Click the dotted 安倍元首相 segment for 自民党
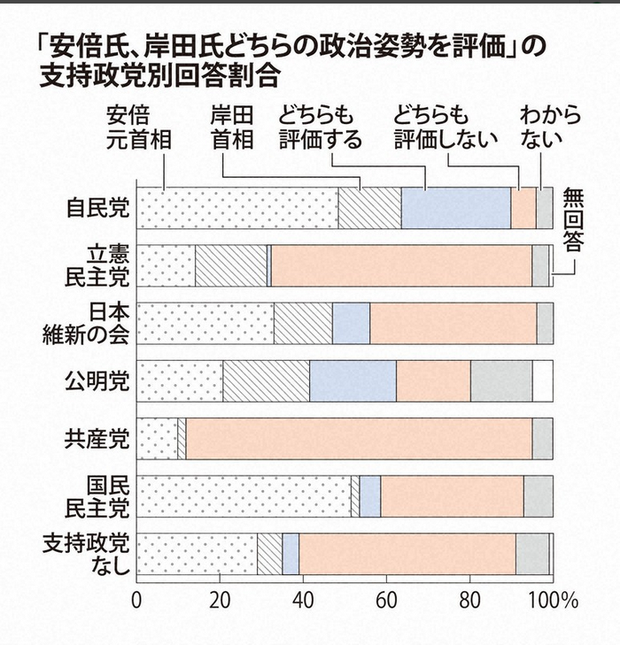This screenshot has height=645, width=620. click(x=237, y=208)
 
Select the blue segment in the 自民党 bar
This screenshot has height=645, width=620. click(x=456, y=208)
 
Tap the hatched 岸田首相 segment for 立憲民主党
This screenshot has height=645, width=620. click(x=231, y=265)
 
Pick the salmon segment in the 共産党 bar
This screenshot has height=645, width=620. click(x=359, y=439)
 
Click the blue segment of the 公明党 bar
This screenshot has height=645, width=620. click(x=353, y=381)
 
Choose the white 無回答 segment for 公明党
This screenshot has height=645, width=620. click(x=543, y=381)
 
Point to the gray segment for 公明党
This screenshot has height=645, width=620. click(x=501, y=381)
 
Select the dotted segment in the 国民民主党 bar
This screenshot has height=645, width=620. click(x=244, y=496)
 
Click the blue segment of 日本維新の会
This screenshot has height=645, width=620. click(x=351, y=323)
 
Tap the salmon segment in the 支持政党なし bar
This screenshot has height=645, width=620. click(x=407, y=554)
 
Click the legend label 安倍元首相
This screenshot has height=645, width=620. click(x=139, y=127)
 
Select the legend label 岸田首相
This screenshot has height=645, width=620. click(x=232, y=127)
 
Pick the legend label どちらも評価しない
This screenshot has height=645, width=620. click(x=446, y=127)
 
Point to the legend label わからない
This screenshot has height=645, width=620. click(x=550, y=127)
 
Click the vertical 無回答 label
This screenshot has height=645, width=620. click(x=573, y=219)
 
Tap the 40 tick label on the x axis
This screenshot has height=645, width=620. click(x=304, y=601)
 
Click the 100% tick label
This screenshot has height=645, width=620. click(x=554, y=601)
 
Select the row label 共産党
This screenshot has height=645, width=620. click(x=97, y=439)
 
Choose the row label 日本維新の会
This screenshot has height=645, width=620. click(x=87, y=324)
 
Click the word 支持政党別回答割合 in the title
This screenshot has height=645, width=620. click(x=159, y=75)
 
